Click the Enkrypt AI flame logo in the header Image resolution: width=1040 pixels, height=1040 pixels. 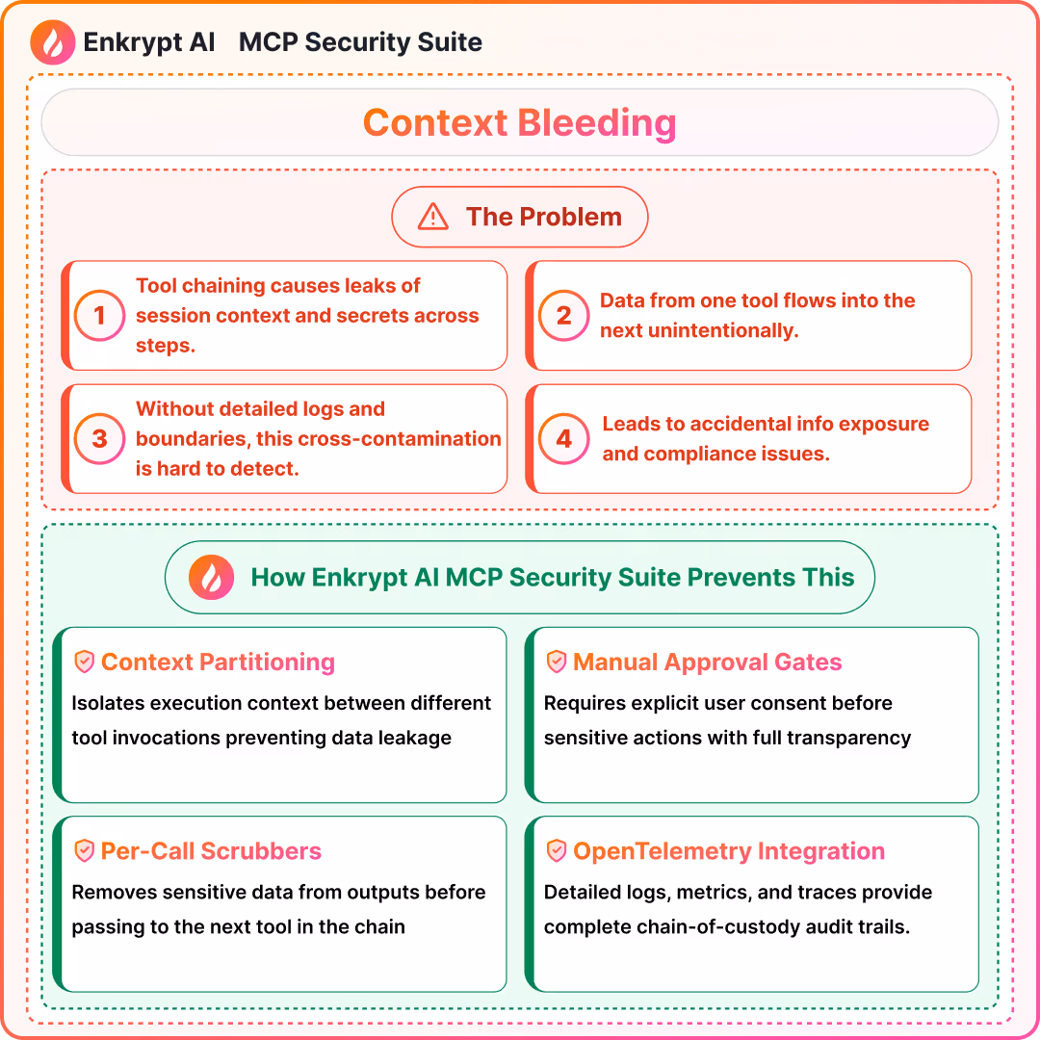pos(54,43)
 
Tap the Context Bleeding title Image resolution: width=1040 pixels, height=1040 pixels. pos(519,122)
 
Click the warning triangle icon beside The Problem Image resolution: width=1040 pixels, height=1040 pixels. pos(432,218)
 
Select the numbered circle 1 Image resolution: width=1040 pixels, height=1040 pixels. pos(98,316)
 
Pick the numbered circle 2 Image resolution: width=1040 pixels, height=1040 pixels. pos(563,316)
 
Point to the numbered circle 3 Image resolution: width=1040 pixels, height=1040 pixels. pos(98,439)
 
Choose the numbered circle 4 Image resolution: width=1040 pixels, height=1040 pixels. pos(563,439)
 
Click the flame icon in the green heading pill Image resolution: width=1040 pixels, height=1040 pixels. pos(211,578)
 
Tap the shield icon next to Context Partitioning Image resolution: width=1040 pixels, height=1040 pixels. pos(85,662)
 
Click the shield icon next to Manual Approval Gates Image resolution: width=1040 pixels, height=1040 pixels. pos(556,662)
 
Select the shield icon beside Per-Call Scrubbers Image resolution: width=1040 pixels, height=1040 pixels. pos(85,851)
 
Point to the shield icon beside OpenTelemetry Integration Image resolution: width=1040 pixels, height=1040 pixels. pos(556,851)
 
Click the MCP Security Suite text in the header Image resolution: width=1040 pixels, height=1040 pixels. pos(360,43)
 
